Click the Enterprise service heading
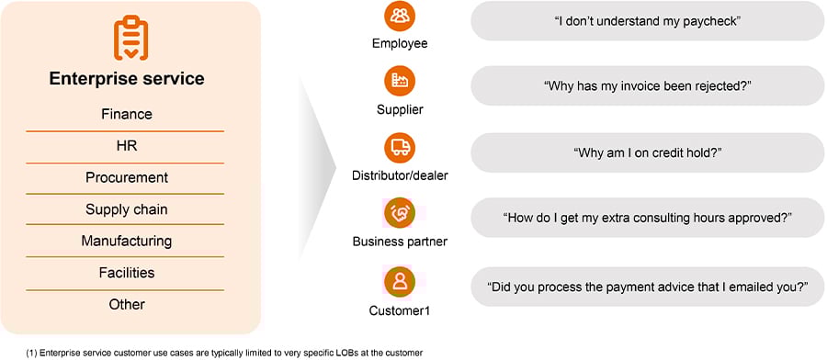(126, 79)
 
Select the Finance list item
(126, 115)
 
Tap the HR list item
(126, 146)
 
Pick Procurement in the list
(126, 177)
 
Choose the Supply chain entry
(126, 209)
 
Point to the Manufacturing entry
(126, 241)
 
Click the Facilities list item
(126, 273)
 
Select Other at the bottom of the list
(126, 304)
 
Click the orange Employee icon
(400, 17)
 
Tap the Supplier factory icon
(400, 82)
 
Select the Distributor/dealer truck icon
(400, 147)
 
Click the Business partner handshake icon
(400, 213)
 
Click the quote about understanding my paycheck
(648, 20)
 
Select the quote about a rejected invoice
(648, 86)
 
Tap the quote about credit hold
(648, 152)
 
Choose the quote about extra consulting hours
(648, 219)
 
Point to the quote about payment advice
(648, 287)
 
